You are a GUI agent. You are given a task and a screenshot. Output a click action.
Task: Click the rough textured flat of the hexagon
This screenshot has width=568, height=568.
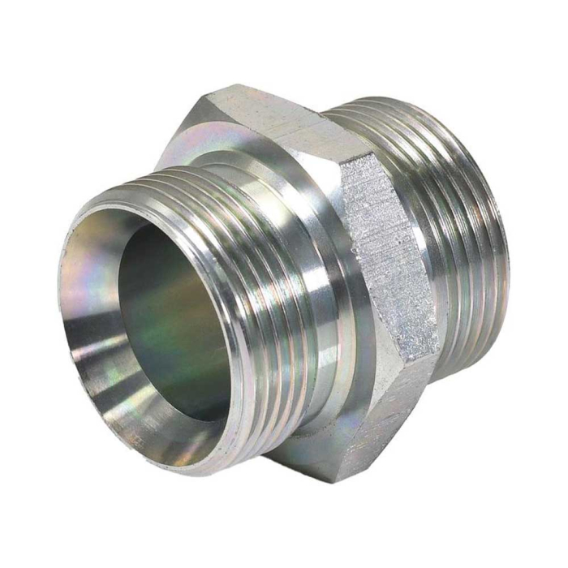pyautogui.click(x=389, y=260)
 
